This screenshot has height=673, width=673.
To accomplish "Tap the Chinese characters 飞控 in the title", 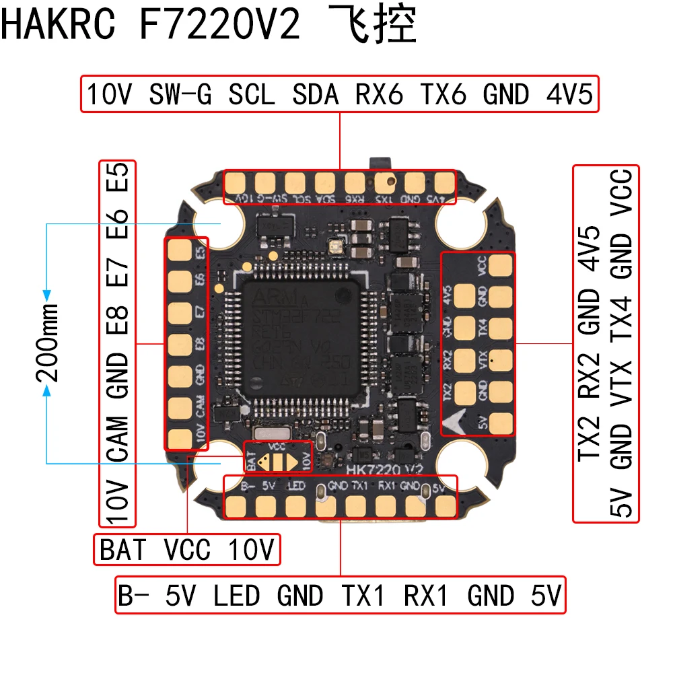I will pos(373,25).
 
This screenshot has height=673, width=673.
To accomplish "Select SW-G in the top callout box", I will pos(180,95).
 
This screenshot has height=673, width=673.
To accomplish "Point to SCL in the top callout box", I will pos(252,95).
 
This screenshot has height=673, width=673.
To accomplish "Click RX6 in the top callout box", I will pos(379,95).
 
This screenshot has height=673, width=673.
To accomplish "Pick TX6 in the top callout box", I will pos(443,95).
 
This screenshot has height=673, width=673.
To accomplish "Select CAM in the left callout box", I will pos(118,439).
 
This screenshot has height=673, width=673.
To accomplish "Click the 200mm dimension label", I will pos(47,341).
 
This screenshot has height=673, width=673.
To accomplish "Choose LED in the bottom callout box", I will pos(236,596).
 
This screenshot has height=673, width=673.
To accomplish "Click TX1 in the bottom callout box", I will pos(364,596).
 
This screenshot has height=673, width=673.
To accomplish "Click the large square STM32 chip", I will pos(301,341).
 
